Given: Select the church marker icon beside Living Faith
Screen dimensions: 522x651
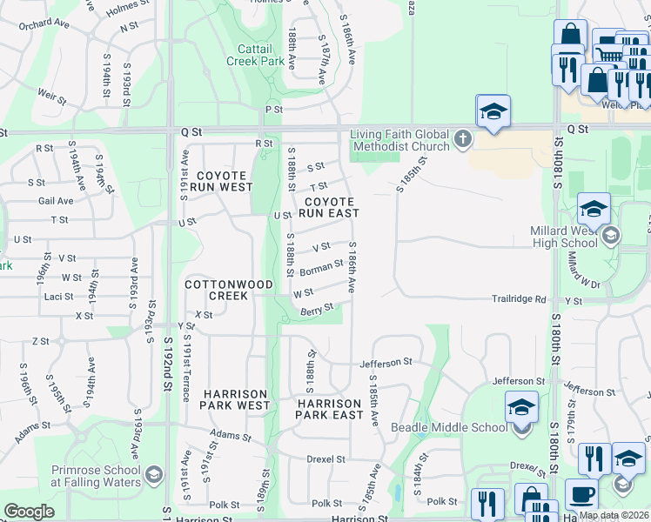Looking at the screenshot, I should click(x=462, y=137).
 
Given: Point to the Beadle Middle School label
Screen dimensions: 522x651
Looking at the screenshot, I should click(x=449, y=426).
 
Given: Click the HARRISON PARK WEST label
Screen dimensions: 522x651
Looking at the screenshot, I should click(x=235, y=399).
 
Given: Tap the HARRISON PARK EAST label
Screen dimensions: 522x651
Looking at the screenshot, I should click(x=329, y=409).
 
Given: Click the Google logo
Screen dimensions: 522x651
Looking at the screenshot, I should click(x=29, y=512).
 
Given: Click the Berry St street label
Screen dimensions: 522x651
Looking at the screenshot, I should click(x=317, y=309).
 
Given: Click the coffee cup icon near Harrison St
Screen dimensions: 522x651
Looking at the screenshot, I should click(x=581, y=494).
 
